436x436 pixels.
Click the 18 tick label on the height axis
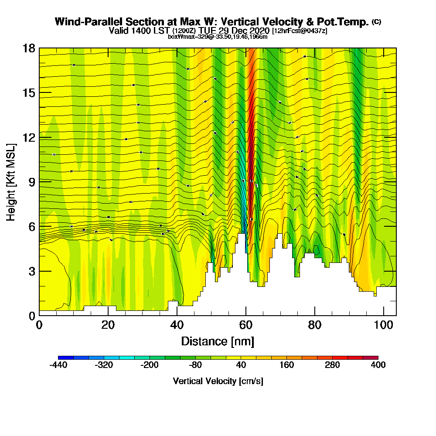pyautogui.click(x=29, y=48)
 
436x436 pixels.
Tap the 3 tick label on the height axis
pyautogui.click(x=31, y=271)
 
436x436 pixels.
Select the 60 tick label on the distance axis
pyautogui.click(x=246, y=325)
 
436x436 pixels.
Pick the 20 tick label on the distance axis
pyautogui.click(x=108, y=325)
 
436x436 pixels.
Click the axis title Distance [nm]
pyautogui.click(x=218, y=341)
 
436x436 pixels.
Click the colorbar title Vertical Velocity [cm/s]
pyautogui.click(x=218, y=381)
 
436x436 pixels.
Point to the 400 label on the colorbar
pyautogui.click(x=378, y=365)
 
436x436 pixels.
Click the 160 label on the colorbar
pyautogui.click(x=286, y=365)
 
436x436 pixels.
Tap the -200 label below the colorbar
pyautogui.click(x=150, y=365)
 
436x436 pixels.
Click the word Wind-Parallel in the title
pyautogui.click(x=82, y=22)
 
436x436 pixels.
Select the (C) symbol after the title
pyautogui.click(x=376, y=22)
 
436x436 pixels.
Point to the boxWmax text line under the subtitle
pyautogui.click(x=218, y=37)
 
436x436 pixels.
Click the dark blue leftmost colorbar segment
pyautogui.click(x=66, y=358)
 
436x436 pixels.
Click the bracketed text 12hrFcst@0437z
pyautogui.click(x=300, y=31)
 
